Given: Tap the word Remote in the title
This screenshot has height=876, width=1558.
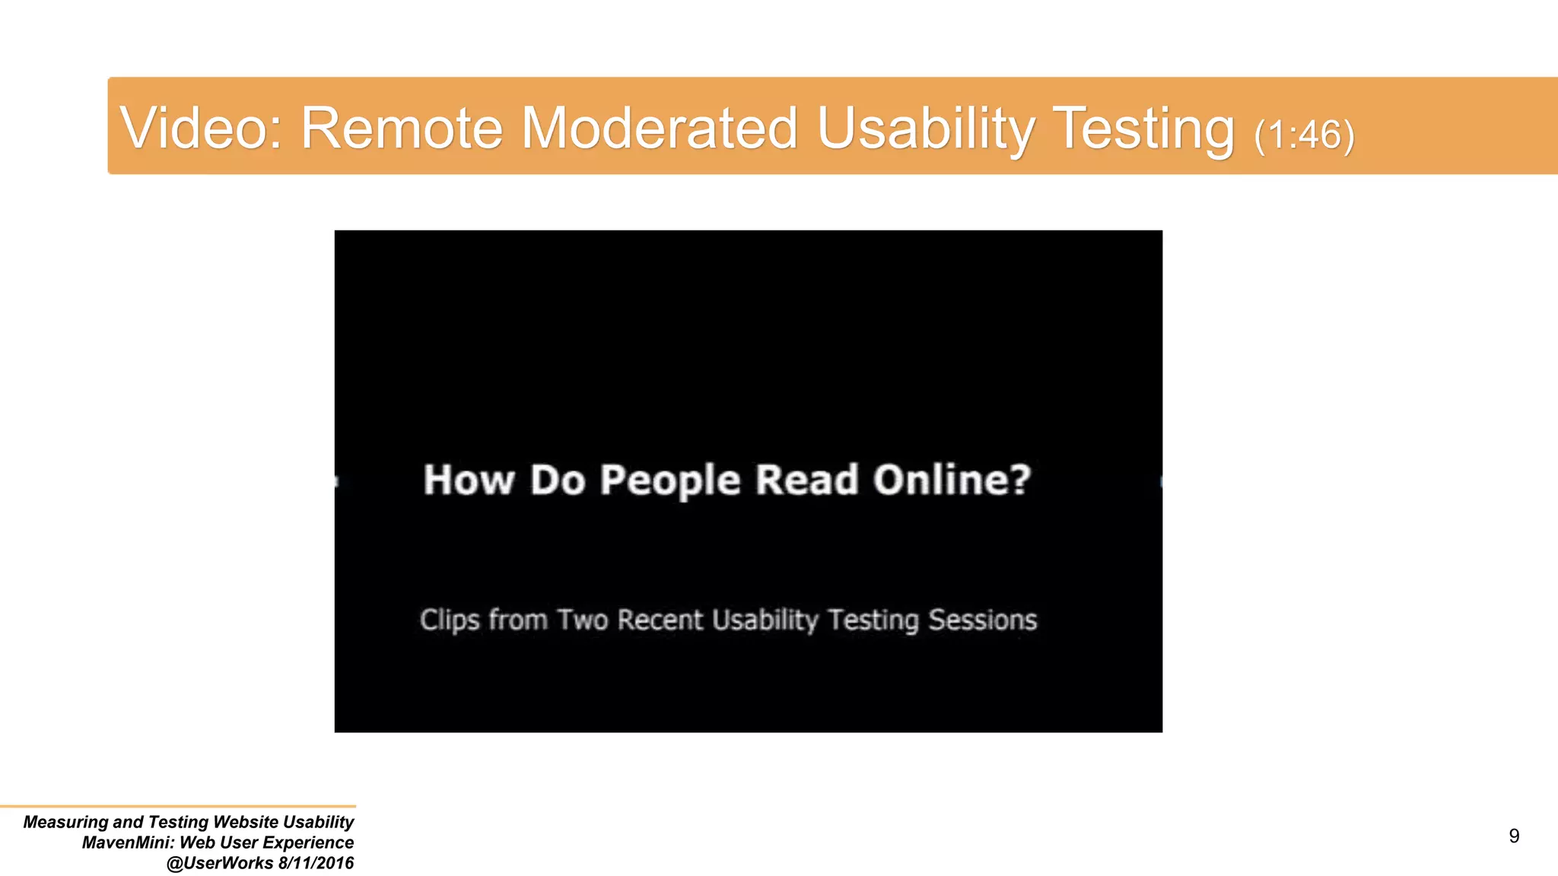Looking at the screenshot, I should pos(402,128).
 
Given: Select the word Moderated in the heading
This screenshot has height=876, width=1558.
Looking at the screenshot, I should pos(659,128).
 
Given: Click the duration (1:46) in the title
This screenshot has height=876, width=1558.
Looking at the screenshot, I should pos(1304,135).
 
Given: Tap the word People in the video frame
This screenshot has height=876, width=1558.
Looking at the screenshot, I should pos(669,481).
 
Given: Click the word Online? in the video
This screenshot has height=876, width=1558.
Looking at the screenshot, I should pos(952,481).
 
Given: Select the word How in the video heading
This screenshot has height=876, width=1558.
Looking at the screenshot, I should pos(468,481).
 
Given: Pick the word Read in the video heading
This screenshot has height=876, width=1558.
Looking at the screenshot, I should pos(806,481).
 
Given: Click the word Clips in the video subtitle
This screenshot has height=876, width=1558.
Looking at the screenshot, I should pos(450,620).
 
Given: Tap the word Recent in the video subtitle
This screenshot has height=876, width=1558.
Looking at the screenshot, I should pos(660,620).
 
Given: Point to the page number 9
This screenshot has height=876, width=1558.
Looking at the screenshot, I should pos(1513,836).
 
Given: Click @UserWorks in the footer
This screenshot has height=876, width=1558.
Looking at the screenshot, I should pos(219,863).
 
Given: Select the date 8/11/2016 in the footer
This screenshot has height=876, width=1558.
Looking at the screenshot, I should pos(316,863).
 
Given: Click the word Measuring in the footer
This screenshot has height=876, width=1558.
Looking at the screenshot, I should pos(66,822).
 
